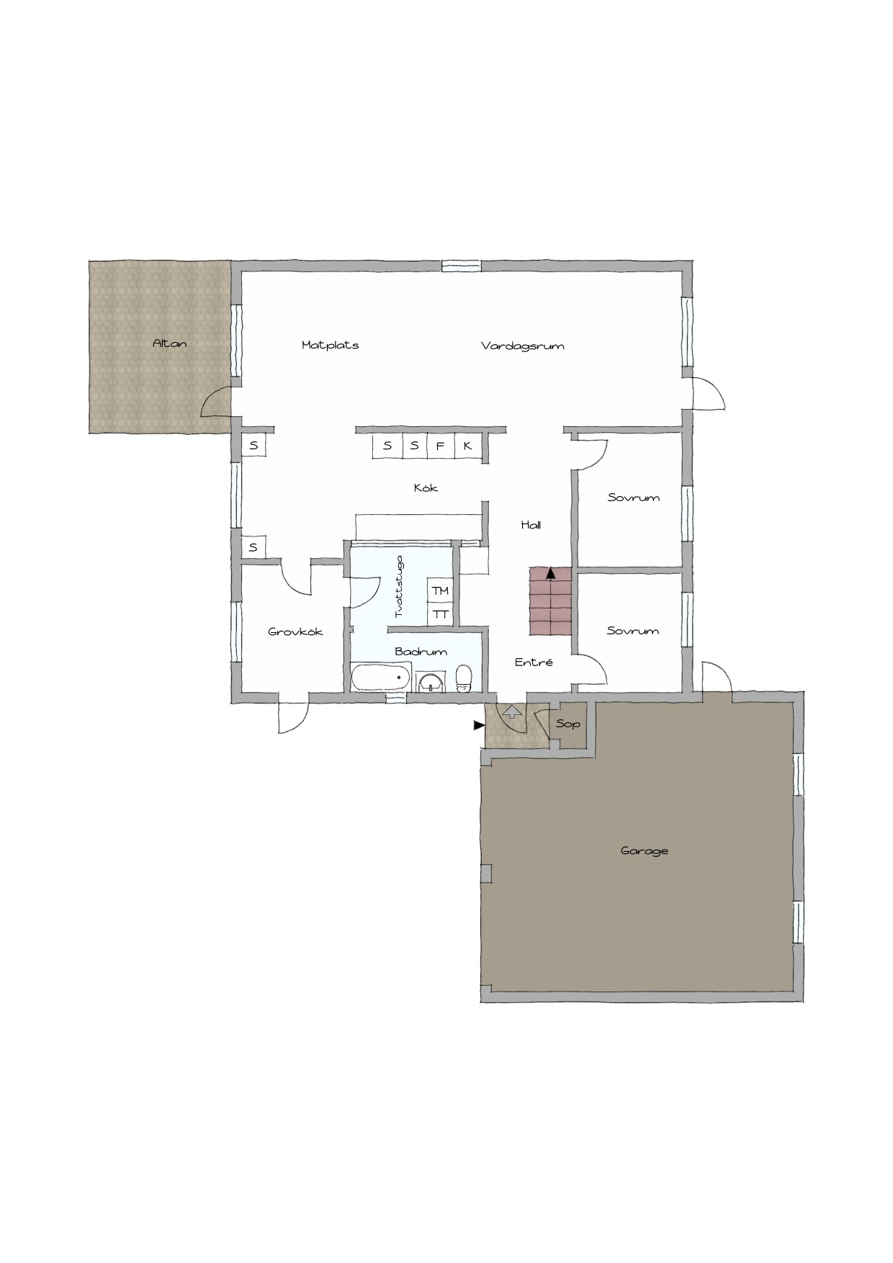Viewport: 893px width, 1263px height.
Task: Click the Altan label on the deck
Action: pos(170,343)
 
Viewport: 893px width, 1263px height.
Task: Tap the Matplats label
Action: pos(331,345)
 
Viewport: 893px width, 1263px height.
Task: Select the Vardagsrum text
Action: pos(523,346)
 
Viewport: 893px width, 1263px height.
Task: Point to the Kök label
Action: pos(426,487)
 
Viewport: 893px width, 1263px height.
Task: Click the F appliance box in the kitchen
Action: pos(440,446)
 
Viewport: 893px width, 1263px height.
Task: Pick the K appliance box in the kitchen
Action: pos(467,446)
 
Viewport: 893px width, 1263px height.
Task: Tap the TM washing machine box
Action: pos(440,590)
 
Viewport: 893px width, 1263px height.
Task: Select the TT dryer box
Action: pos(440,614)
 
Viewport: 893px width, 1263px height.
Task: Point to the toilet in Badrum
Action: pos(464,678)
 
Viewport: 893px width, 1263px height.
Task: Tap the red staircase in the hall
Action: pos(551,601)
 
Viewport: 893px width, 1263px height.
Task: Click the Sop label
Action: pos(568,723)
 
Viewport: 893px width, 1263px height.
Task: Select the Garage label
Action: pos(645,850)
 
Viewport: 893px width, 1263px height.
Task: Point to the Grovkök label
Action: pos(295,631)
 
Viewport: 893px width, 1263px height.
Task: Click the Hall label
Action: pos(531,525)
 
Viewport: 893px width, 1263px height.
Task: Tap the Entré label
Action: pos(534,662)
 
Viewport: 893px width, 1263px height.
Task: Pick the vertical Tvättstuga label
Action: pos(399,586)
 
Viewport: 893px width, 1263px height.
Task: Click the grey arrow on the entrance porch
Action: pos(511,712)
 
